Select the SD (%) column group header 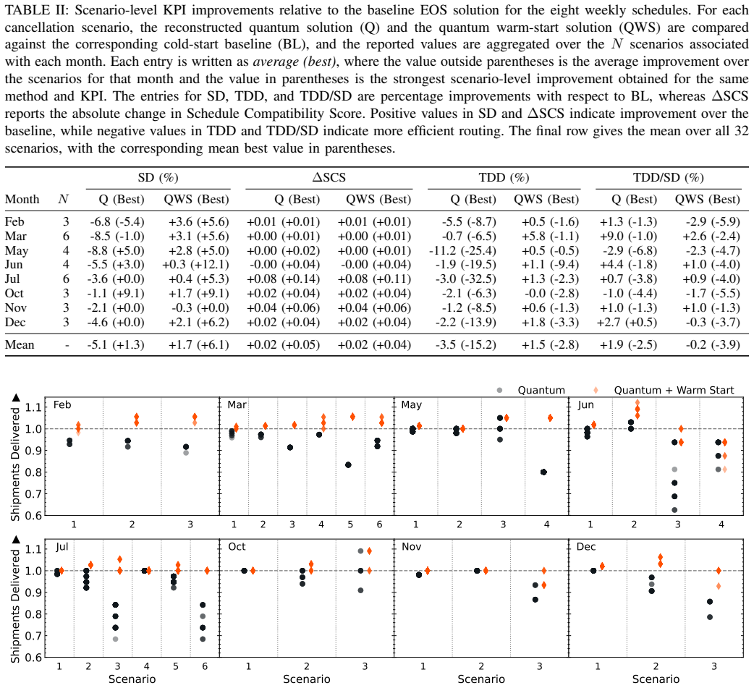pos(158,178)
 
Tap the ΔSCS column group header pos(329,178)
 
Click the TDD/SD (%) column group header pos(669,178)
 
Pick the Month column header pos(22,199)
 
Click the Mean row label pos(20,344)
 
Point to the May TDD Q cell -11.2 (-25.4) pos(462,250)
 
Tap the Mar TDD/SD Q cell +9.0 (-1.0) pos(628,236)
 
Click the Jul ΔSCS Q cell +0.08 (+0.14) pos(283,279)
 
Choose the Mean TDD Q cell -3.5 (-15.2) pos(466,344)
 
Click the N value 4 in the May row pos(66,250)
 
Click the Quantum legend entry pos(531,391)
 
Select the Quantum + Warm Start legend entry pos(664,391)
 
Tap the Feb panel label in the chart pos(62,405)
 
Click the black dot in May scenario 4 pos(543,472)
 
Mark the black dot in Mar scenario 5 pos(348,465)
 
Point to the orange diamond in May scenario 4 pos(550,418)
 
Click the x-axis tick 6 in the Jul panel pos(205,666)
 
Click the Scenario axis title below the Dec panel pos(656,679)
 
